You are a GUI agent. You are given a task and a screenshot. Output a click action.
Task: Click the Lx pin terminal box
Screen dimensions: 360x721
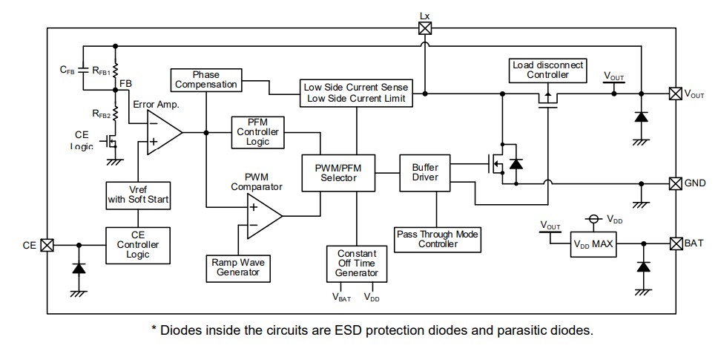tap(424, 28)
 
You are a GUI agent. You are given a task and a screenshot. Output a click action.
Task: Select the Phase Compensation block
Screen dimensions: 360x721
tap(206, 79)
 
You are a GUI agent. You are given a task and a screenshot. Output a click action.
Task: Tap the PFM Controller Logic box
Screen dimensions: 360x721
tap(257, 131)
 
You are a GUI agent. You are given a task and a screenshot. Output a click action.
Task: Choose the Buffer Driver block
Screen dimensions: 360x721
tap(425, 172)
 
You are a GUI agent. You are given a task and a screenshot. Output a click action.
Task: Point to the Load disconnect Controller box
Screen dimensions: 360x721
tap(547, 71)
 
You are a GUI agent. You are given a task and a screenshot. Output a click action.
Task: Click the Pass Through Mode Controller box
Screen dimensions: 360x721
tap(437, 239)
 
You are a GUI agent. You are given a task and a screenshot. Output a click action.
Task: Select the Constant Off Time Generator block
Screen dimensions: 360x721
tap(357, 263)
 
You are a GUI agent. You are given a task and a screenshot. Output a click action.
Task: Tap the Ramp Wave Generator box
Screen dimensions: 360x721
tap(237, 267)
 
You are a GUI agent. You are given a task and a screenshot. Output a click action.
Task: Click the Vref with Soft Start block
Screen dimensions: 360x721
tap(139, 194)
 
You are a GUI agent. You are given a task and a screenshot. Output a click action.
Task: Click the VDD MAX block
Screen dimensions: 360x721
tap(594, 245)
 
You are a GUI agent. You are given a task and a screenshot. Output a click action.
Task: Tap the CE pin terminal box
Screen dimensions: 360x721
tap(47, 244)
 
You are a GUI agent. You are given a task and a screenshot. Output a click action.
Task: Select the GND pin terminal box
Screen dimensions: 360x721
tap(675, 183)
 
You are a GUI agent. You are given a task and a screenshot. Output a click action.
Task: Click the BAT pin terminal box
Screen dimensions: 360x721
tap(675, 243)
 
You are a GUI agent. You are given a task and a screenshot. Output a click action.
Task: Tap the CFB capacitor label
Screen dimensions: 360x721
tap(66, 70)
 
